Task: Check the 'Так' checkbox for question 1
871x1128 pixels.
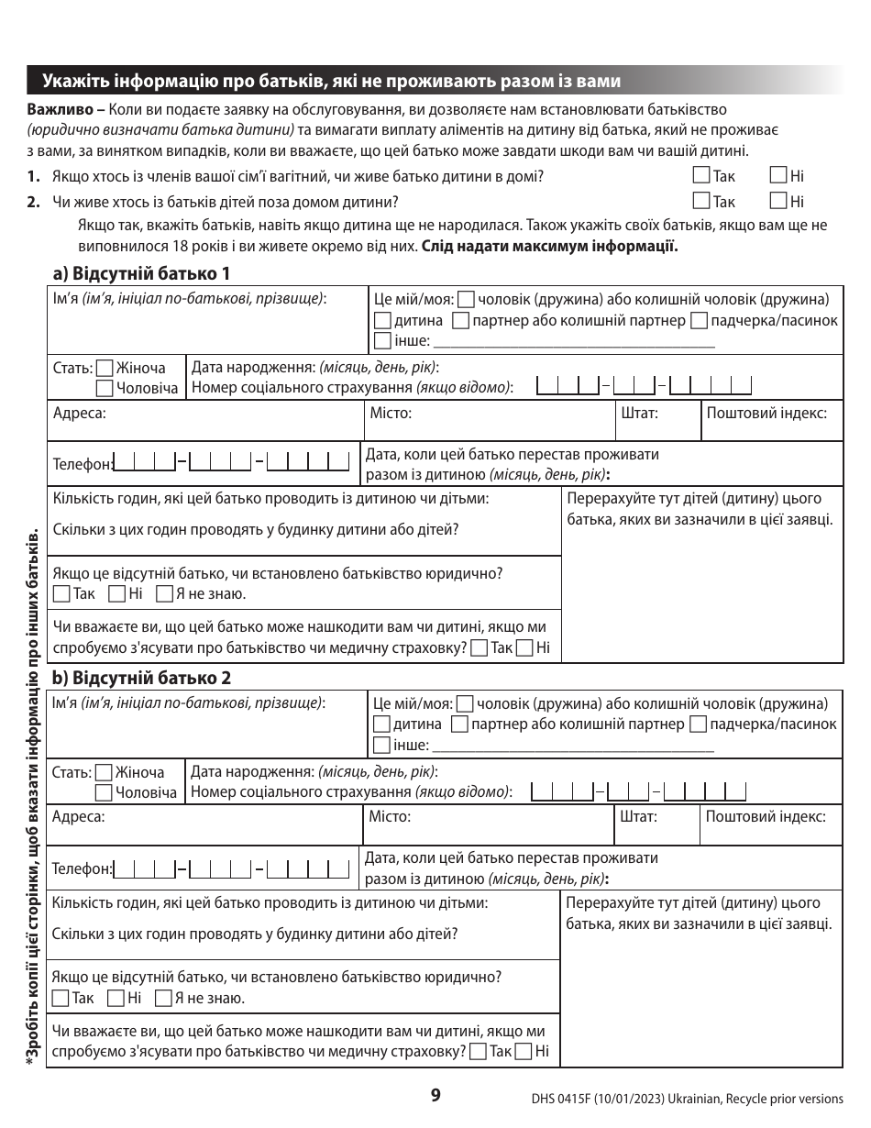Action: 702,176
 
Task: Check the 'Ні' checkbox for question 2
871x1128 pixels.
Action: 778,202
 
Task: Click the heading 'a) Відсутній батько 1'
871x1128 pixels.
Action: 141,273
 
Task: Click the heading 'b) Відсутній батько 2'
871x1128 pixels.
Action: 141,679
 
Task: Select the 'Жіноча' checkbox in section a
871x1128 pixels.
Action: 105,369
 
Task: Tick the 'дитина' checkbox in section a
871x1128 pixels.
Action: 383,321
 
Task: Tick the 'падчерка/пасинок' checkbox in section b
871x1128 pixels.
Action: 698,725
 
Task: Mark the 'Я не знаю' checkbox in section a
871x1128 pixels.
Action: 164,594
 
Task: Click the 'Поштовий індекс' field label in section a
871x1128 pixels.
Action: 766,413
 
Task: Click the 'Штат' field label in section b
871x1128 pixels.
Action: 638,816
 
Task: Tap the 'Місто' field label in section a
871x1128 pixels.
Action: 390,413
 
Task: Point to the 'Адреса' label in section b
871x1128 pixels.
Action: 79,816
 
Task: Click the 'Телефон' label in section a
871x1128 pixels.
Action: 83,464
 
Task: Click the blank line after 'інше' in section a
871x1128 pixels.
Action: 573,343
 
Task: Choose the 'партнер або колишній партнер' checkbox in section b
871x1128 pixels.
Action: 461,725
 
